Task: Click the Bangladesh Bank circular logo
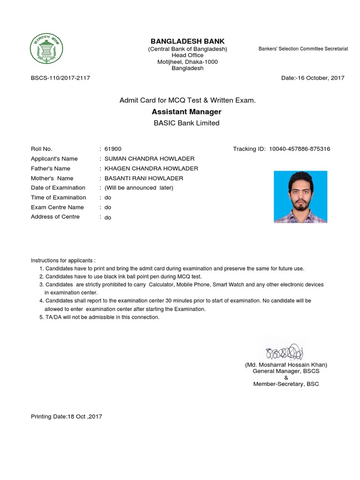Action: click(x=47, y=49)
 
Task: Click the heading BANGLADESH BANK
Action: click(x=187, y=42)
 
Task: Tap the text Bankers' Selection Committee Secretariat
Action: click(x=303, y=49)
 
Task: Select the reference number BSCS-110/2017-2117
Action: click(x=60, y=78)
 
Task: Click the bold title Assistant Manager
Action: click(x=187, y=112)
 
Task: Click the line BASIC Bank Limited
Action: click(x=187, y=123)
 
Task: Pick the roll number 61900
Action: click(x=112, y=149)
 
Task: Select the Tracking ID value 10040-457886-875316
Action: click(x=300, y=149)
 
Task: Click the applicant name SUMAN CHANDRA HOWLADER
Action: click(x=149, y=159)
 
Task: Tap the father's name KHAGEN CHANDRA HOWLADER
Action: click(x=151, y=169)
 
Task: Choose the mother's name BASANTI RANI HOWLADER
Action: click(x=143, y=179)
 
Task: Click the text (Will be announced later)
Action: click(x=139, y=188)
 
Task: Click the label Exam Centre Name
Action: click(x=57, y=207)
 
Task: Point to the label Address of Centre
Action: click(x=55, y=217)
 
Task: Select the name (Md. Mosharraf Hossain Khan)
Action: click(x=286, y=365)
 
